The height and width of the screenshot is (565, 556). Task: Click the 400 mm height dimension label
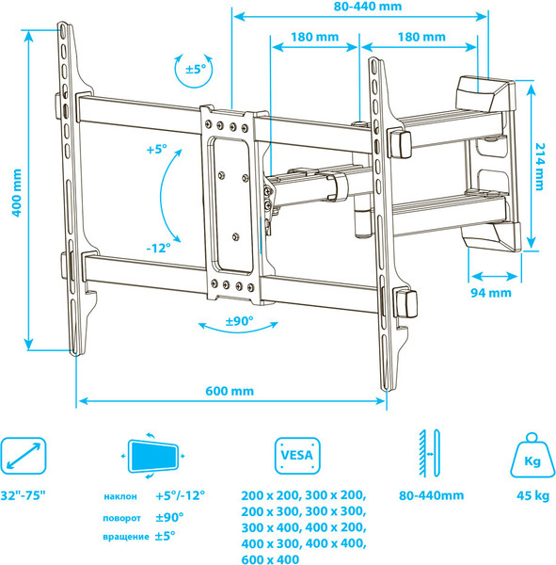point(17,193)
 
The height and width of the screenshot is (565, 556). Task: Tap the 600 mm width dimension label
point(230,391)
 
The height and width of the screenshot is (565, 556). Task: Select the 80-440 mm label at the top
point(367,7)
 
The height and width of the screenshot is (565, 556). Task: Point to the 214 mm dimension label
point(540,167)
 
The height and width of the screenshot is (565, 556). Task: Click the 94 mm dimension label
point(491,293)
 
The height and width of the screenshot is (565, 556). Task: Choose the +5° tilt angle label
point(157,149)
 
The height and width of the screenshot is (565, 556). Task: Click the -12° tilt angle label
point(158,248)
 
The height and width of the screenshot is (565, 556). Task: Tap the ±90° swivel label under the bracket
point(239,321)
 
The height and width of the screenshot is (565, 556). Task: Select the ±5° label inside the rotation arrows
point(196,69)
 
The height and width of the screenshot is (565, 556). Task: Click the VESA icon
point(297,456)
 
